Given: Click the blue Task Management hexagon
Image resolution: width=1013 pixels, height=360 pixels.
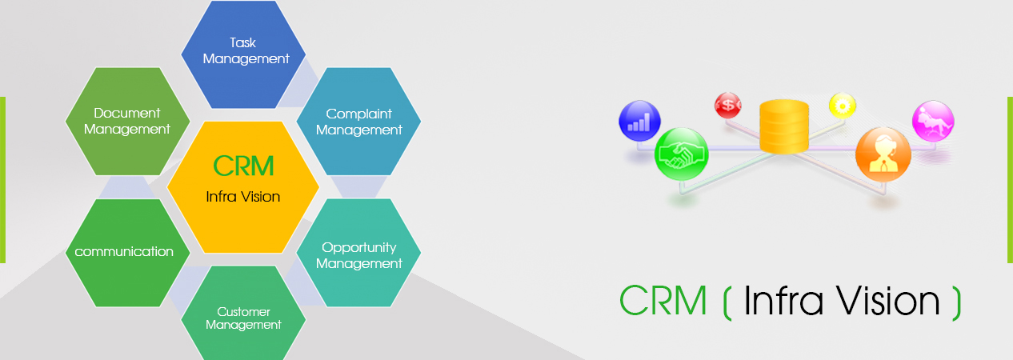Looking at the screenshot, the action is pos(243,54).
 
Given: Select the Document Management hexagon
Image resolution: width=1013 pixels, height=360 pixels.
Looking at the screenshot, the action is pos(127,122).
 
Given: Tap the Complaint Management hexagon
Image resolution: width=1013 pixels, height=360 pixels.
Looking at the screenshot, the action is pos(358,122).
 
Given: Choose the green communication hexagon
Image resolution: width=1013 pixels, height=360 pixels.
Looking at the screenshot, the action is pos(127,253).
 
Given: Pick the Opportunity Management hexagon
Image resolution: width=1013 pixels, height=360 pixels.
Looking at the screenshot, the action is pos(358,253).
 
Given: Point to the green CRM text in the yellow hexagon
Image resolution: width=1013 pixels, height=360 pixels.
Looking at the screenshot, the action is pos(243,166).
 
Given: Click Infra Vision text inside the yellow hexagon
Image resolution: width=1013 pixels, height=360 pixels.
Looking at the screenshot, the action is pos(243,197).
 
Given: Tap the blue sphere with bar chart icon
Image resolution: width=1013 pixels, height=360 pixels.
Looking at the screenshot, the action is pos(639,121).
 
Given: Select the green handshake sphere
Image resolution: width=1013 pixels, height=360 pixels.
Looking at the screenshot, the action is pos(682,154).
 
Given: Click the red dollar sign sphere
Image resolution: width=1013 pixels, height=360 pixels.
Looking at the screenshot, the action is pos(727,106).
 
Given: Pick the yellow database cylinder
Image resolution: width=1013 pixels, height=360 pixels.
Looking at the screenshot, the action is pos(783,126).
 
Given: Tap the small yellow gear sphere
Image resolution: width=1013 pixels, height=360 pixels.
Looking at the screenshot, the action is pos(843,106).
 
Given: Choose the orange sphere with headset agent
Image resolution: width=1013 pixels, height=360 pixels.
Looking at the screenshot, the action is pos(883,154).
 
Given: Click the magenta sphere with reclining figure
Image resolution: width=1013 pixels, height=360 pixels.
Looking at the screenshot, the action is pos(933,121).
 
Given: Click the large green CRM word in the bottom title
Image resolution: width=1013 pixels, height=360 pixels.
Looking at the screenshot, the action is pos(663,300).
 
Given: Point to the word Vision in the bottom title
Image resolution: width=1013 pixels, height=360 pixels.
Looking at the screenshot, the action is pos(887,300).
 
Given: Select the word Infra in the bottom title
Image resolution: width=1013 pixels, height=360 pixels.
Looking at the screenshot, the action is pos(783,300).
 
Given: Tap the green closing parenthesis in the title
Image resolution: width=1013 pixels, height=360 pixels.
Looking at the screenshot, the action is pos(956,302).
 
